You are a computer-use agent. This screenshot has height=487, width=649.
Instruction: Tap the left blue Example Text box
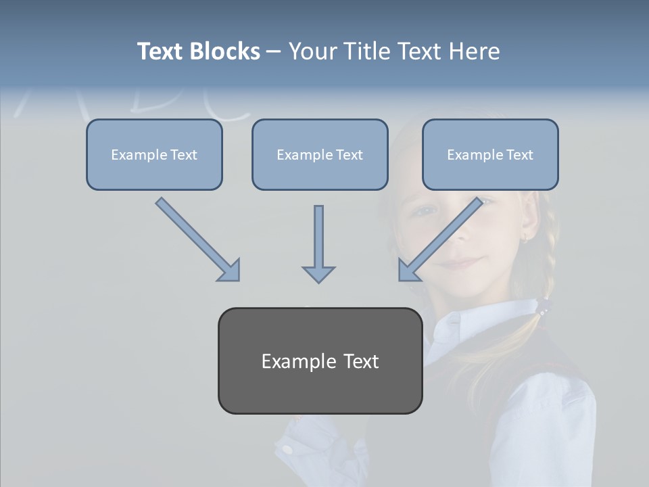154,155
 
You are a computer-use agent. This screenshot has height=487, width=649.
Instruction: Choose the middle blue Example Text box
320,155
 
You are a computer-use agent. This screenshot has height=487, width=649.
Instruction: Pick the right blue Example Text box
490,155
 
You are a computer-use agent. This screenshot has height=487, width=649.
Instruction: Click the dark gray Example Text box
320,361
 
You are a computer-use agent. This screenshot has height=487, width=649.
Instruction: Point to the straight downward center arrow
318,240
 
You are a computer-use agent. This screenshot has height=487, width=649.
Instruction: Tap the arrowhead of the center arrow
318,274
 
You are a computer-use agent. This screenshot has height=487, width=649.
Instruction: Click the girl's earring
525,237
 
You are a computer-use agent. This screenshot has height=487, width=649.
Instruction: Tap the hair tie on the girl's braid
542,306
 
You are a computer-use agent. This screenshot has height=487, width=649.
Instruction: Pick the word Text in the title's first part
160,51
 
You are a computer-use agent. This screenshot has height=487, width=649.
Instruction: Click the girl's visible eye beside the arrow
425,210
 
